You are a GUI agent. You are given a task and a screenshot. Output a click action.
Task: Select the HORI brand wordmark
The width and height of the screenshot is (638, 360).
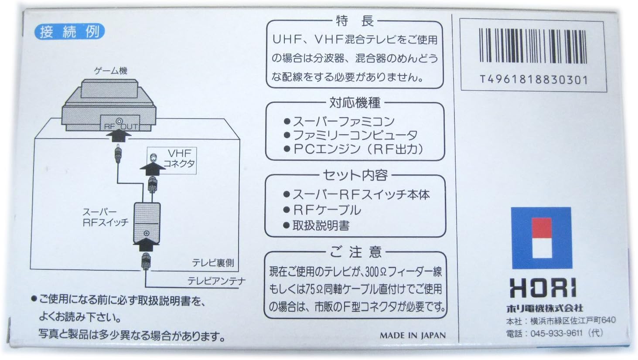[542, 289]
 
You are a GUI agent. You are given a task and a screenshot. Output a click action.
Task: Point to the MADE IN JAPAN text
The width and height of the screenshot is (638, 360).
[413, 335]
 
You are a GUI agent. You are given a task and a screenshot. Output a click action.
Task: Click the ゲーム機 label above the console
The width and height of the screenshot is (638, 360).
[111, 71]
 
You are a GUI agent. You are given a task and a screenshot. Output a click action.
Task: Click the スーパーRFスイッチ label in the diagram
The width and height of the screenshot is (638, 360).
[106, 217]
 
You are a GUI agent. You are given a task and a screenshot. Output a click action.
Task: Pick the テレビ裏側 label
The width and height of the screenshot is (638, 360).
[213, 262]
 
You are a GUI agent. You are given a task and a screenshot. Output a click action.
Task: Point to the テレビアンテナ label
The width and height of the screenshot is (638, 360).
[216, 281]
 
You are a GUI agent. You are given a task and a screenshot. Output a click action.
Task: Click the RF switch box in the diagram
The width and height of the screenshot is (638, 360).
[146, 222]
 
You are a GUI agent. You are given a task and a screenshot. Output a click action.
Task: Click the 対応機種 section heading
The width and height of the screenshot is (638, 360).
[355, 103]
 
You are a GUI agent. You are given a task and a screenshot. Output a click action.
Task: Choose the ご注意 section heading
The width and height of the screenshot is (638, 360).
[355, 252]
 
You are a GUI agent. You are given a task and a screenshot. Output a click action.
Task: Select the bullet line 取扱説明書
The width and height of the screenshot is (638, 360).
[317, 226]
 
